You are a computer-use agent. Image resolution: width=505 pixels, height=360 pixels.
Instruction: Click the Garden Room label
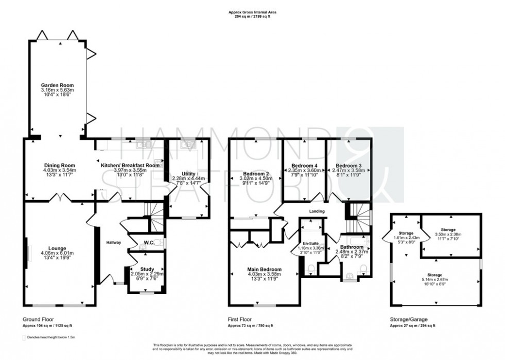[58, 85]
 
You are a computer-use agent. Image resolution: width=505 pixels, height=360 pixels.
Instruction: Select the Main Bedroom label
[264, 269]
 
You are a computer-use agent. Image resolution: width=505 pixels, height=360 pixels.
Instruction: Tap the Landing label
[316, 211]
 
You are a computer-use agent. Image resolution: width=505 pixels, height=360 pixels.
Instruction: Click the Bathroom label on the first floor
[350, 247]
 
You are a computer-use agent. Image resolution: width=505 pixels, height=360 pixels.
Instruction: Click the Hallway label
[113, 242]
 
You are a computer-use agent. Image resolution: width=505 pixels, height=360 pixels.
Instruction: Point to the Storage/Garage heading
[408, 320]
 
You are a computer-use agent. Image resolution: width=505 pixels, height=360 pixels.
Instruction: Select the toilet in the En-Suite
[309, 268]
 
